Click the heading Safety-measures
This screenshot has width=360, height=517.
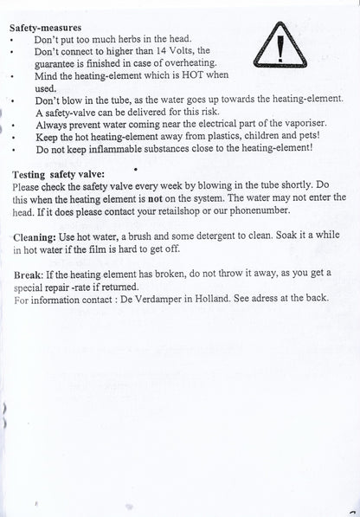pos(44,27)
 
